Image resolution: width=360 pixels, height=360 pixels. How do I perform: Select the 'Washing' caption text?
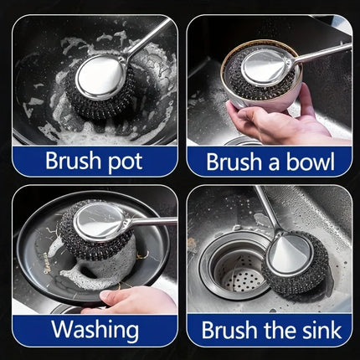(x=94, y=329)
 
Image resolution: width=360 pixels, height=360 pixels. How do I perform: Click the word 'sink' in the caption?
(x=319, y=329)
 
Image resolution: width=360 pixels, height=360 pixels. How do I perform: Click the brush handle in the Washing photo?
(x=155, y=222)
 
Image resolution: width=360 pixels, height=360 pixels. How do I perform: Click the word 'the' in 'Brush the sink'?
(x=279, y=329)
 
